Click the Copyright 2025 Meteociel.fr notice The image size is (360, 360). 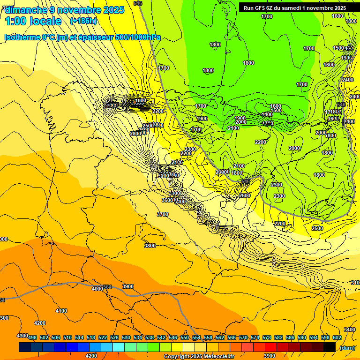[199, 356]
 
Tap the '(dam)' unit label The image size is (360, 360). [347, 347]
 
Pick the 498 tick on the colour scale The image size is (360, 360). [32, 337]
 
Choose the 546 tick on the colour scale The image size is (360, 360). [172, 337]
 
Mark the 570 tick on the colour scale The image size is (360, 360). [243, 337]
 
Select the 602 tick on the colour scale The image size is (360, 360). [337, 337]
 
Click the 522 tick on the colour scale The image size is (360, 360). [103, 337]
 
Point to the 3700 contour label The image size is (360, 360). [162, 214]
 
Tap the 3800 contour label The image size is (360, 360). [150, 246]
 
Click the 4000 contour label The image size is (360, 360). [97, 289]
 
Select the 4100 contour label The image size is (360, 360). [61, 311]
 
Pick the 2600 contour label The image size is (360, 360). [245, 195]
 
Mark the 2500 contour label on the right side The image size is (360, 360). [317, 228]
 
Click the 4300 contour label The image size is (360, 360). [22, 336]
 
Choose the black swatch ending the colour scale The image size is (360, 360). [330, 347]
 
